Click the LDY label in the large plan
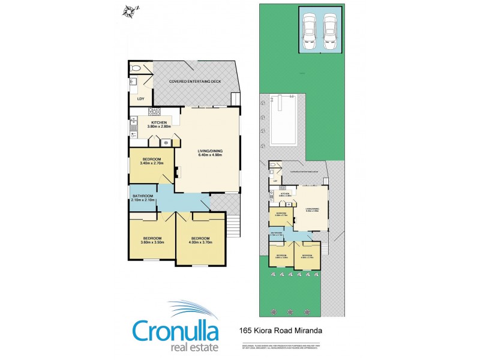pos(140,99)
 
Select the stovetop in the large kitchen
pos(154,111)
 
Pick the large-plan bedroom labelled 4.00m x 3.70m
pos(201,239)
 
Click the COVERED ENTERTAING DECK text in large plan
pos(194,81)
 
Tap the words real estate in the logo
pos(191,347)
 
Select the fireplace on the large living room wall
pos(177,172)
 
